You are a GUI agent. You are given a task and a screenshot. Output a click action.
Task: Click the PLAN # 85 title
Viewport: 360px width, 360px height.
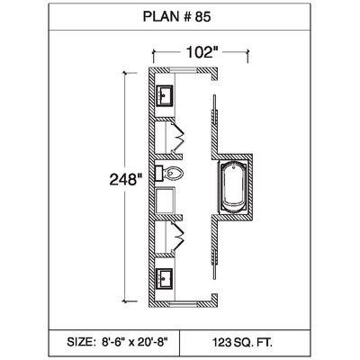point(176,17)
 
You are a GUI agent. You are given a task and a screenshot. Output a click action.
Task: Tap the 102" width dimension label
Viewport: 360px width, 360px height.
point(202,52)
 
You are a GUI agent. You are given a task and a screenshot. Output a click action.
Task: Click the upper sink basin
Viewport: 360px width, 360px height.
point(164,95)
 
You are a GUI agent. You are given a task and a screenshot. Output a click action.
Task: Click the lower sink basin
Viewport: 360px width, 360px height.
point(164,279)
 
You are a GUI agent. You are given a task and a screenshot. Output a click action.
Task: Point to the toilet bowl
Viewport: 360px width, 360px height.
point(173,173)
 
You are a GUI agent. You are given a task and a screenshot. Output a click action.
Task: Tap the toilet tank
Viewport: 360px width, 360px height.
point(158,173)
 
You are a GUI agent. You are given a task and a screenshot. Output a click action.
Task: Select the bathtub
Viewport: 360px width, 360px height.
point(233,187)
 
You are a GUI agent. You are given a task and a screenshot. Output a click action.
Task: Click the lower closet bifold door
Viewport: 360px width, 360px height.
point(177,236)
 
